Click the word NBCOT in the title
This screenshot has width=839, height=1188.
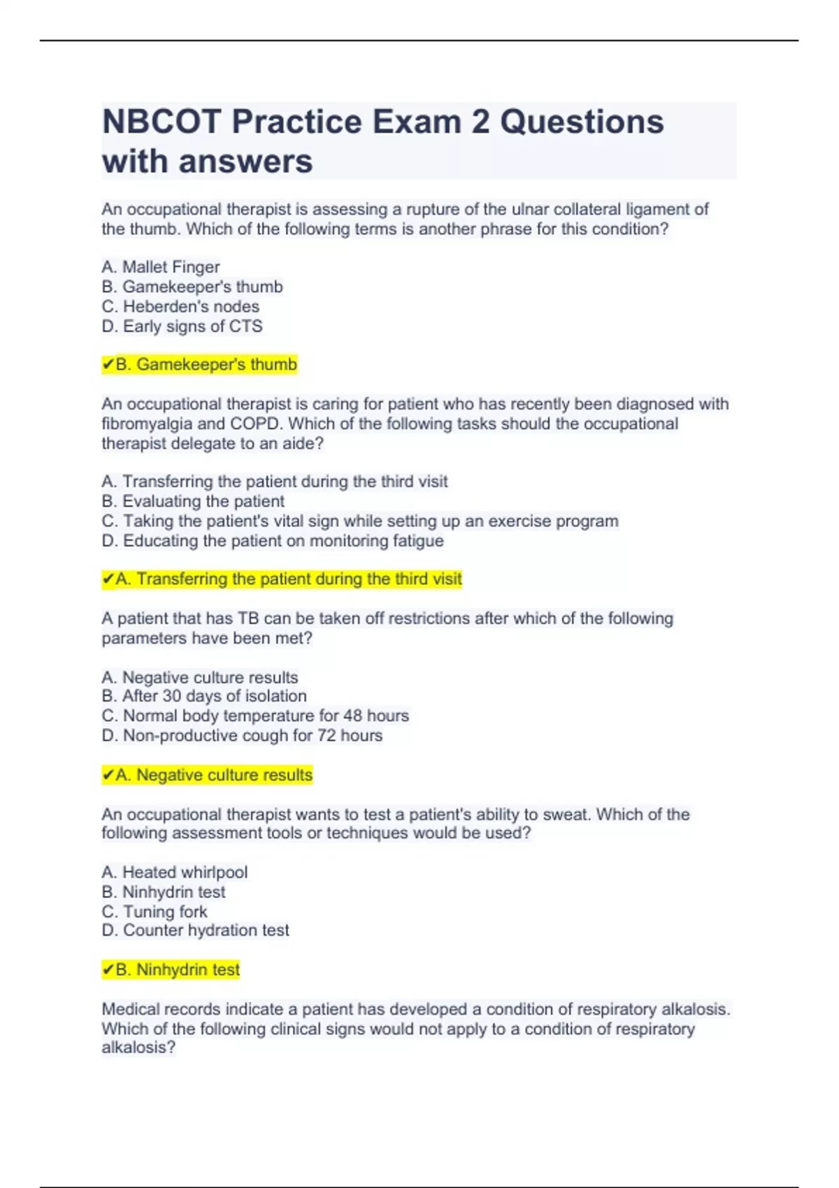tap(162, 122)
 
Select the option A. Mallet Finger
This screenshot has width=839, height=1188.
tap(161, 267)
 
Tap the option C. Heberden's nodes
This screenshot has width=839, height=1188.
tap(180, 306)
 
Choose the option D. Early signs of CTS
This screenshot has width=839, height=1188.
tap(182, 326)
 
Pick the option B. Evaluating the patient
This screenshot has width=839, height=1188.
tap(193, 501)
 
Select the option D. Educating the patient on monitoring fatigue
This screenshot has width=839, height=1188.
tap(273, 541)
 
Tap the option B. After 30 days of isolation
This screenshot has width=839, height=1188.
tap(204, 696)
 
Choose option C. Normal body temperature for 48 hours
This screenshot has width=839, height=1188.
tap(255, 716)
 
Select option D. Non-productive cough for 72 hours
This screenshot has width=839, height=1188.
tap(242, 735)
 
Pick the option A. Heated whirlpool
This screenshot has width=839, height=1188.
tap(175, 872)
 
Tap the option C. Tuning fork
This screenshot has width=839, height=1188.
tap(155, 911)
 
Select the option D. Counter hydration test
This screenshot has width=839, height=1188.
tap(195, 930)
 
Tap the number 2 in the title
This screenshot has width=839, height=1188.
tap(480, 122)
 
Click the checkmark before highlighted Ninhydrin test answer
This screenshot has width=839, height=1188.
tap(108, 969)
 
